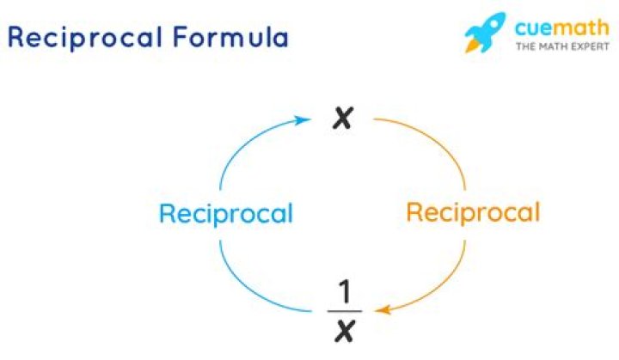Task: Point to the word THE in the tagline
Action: coord(524,46)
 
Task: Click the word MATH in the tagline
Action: coord(551,46)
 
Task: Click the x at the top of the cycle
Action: coord(343,119)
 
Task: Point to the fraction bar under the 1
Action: coord(344,310)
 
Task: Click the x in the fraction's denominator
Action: coord(344,328)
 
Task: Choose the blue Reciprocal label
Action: coord(225,213)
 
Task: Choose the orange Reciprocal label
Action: coord(473,212)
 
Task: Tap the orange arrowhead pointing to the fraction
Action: coord(378,310)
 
